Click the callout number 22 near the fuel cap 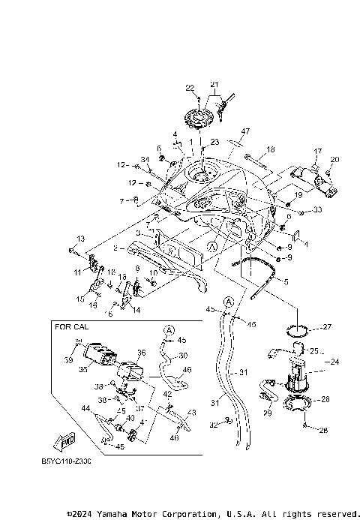pos(190,88)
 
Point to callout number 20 pos(335,159)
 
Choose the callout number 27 pos(326,327)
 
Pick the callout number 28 pos(324,430)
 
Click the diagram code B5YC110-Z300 pos(66,461)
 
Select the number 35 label pos(84,370)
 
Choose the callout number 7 pos(121,200)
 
